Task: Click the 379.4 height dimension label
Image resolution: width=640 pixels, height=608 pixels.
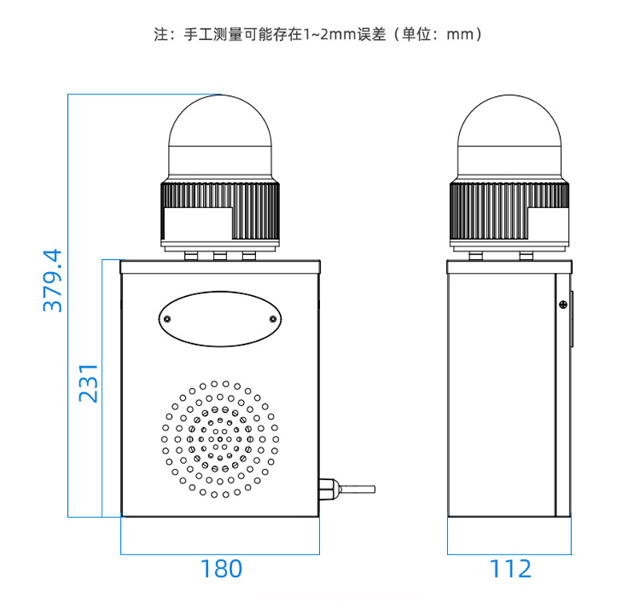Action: pyautogui.click(x=53, y=281)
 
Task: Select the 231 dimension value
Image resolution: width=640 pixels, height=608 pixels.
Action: pyautogui.click(x=88, y=383)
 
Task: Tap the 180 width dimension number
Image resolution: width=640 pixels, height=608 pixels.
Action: pyautogui.click(x=222, y=569)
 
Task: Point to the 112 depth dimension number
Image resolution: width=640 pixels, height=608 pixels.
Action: pyautogui.click(x=510, y=569)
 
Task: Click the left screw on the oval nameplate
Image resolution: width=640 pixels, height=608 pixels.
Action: pyautogui.click(x=167, y=319)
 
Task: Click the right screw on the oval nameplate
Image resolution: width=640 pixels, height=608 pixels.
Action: pyautogui.click(x=273, y=319)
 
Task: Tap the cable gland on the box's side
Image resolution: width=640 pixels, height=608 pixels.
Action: pyautogui.click(x=329, y=489)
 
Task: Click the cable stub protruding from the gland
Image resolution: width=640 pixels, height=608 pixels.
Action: pyautogui.click(x=357, y=489)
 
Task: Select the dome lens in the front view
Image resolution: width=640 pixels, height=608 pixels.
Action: pyautogui.click(x=220, y=137)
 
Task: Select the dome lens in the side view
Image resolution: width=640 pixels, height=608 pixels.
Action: pyautogui.click(x=510, y=137)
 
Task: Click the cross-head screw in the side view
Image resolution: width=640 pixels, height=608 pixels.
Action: pyautogui.click(x=563, y=305)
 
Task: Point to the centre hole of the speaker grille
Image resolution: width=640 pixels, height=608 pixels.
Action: pyautogui.click(x=220, y=439)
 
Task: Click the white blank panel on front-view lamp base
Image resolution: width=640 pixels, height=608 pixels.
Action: pyautogui.click(x=198, y=224)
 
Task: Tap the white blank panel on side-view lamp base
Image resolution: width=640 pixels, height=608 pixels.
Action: pyautogui.click(x=548, y=224)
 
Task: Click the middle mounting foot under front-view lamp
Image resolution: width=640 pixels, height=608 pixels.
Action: pyautogui.click(x=220, y=256)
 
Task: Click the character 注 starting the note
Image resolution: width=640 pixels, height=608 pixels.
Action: pyautogui.click(x=161, y=34)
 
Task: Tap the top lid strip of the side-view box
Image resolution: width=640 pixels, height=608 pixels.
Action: pyautogui.click(x=510, y=267)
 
